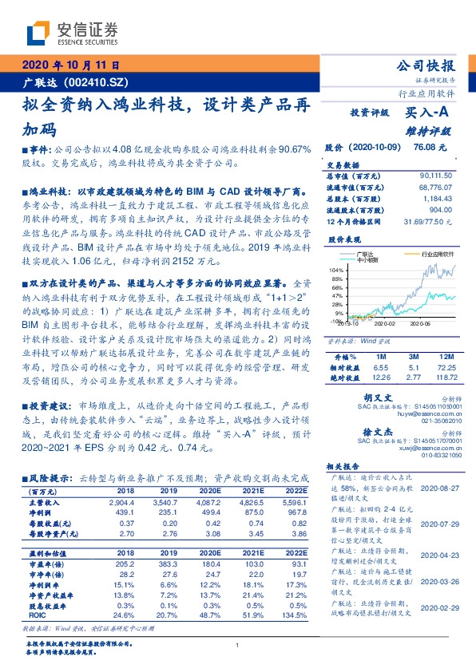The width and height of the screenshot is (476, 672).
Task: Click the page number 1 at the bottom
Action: click(x=237, y=645)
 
